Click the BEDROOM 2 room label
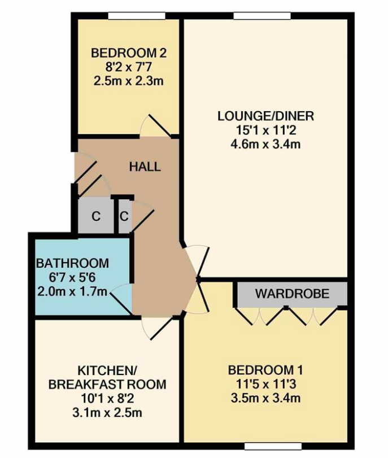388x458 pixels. (x=129, y=53)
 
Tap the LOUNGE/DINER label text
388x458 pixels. (x=265, y=116)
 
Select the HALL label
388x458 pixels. (x=145, y=167)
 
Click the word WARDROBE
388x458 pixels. (x=292, y=294)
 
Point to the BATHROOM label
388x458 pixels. (x=72, y=263)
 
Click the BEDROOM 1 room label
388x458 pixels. (x=265, y=370)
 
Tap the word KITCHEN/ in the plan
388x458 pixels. (x=107, y=370)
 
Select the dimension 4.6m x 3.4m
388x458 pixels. (x=265, y=144)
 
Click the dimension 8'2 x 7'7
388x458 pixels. (x=129, y=67)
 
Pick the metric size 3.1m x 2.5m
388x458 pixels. (x=107, y=412)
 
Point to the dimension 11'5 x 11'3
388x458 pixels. (x=265, y=384)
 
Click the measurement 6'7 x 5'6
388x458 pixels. (x=72, y=277)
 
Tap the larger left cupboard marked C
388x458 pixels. (x=96, y=216)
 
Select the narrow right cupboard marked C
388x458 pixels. (x=124, y=216)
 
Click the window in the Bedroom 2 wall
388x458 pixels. (x=137, y=15)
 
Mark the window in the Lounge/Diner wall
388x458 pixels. (x=263, y=15)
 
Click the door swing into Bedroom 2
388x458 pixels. (x=155, y=125)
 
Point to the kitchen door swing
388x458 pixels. (x=156, y=328)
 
